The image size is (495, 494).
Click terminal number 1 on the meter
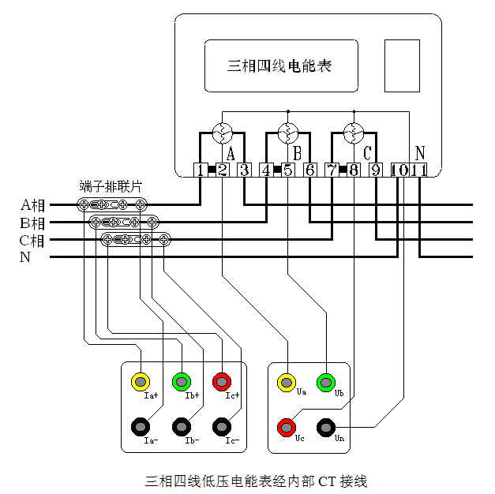point(201,170)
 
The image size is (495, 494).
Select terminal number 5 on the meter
point(288,170)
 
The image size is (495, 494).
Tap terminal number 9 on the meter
point(376,170)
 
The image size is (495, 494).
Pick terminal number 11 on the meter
point(419,170)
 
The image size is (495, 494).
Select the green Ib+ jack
point(182,382)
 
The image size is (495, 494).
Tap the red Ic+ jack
point(223,382)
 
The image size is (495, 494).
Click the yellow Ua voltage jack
point(286,383)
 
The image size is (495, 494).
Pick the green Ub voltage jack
point(325,383)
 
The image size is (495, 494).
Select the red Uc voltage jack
point(286,428)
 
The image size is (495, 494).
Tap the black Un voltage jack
point(325,428)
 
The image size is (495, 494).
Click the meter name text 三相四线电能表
point(279,65)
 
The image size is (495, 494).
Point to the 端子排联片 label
point(111,187)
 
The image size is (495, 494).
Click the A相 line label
point(32,205)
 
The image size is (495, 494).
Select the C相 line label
point(32,240)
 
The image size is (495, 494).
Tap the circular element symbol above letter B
point(288,132)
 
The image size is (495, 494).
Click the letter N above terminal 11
point(420,152)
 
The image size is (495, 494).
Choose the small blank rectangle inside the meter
point(402,65)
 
